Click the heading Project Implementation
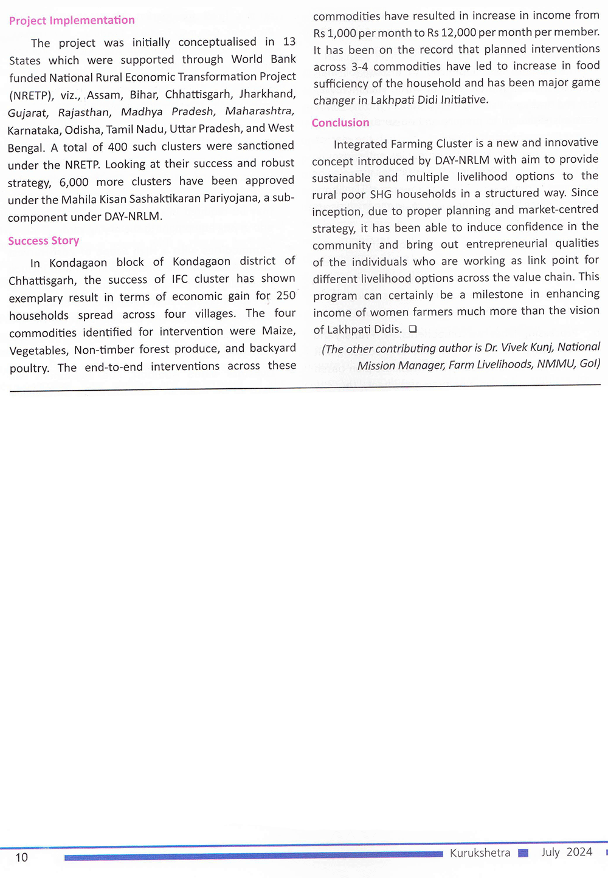(72, 21)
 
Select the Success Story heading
(44, 241)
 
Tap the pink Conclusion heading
(340, 123)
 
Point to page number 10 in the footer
(21, 857)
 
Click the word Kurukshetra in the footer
(480, 853)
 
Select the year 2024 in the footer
(579, 852)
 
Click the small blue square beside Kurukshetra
(523, 853)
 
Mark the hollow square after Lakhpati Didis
(413, 329)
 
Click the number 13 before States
(289, 41)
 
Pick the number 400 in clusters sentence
(117, 146)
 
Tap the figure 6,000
(74, 182)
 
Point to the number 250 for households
(286, 295)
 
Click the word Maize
(278, 331)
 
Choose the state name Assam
(104, 95)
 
